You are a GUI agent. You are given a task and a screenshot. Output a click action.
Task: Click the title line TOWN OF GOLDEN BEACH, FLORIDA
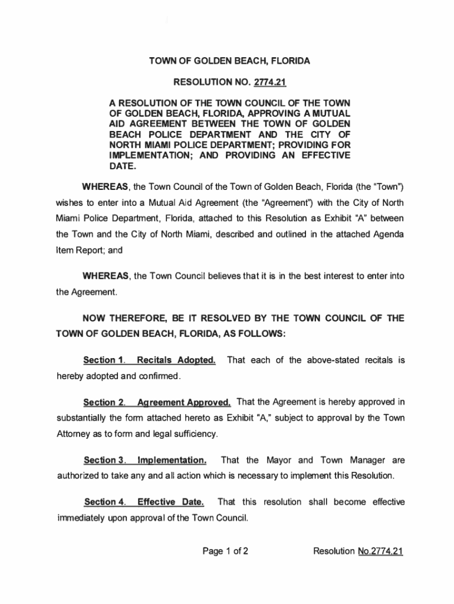[229, 61]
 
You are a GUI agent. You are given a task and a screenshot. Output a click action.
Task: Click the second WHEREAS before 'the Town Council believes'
[107, 276]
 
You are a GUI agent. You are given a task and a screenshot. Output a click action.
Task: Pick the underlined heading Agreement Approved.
[183, 402]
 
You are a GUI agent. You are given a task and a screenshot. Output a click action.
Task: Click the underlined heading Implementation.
[172, 459]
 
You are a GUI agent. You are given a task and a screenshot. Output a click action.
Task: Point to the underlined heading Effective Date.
[170, 502]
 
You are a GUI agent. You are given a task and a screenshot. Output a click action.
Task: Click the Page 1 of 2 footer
[225, 552]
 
